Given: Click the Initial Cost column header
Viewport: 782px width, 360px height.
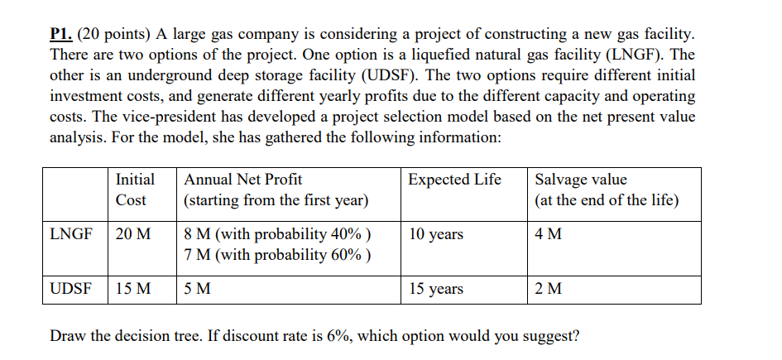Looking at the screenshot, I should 134,190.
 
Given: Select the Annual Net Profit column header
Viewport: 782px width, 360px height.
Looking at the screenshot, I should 243,180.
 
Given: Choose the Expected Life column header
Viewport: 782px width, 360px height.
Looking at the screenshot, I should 454,180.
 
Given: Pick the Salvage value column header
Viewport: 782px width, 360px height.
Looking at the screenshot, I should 581,180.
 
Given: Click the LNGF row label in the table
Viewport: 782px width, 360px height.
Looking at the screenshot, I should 71,234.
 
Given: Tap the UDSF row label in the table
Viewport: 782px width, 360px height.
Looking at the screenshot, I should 71,289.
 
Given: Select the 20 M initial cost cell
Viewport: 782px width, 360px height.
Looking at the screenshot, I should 133,234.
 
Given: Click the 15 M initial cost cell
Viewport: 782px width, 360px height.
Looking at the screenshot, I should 133,289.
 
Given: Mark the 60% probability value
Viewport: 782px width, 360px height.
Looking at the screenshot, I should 348,254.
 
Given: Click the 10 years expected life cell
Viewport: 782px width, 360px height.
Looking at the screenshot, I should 436,234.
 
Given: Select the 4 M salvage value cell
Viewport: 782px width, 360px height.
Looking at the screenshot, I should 549,234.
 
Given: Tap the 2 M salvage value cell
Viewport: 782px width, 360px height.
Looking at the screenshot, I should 549,289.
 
